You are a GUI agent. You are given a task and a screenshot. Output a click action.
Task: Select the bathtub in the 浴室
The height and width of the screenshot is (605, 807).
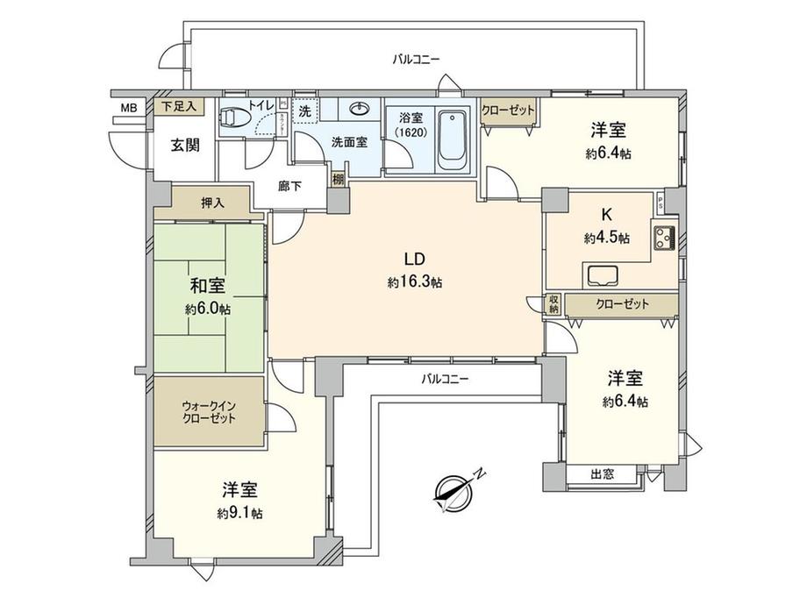[x=453, y=139]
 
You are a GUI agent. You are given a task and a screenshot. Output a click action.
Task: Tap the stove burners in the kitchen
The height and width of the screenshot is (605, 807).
[x=664, y=237]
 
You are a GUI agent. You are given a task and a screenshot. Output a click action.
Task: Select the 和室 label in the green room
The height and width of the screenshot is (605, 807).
[x=209, y=286]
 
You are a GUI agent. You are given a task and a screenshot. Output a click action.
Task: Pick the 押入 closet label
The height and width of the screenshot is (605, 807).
[x=212, y=202]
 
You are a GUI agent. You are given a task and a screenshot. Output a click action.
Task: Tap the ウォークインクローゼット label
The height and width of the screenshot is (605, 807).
[x=209, y=413]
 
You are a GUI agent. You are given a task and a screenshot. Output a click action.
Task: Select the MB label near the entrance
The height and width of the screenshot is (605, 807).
[x=128, y=109]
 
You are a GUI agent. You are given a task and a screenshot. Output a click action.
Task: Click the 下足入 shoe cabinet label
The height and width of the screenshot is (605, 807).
[x=182, y=106]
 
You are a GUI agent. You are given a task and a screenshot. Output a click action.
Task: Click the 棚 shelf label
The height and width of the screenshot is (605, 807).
[x=338, y=178]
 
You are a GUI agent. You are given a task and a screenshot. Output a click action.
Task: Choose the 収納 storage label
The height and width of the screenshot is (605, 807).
[x=553, y=303]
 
